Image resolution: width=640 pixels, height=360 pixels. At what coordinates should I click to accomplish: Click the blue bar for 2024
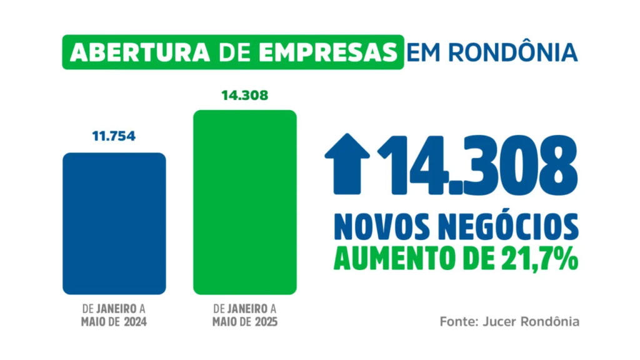(114, 223)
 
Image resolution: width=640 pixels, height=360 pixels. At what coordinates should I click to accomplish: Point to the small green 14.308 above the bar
(244, 96)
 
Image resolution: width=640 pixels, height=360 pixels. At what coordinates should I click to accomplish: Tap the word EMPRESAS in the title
(338, 52)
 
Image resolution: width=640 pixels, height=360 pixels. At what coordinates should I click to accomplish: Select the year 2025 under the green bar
(264, 322)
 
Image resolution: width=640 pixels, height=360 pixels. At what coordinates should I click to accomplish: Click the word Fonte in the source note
(457, 322)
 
